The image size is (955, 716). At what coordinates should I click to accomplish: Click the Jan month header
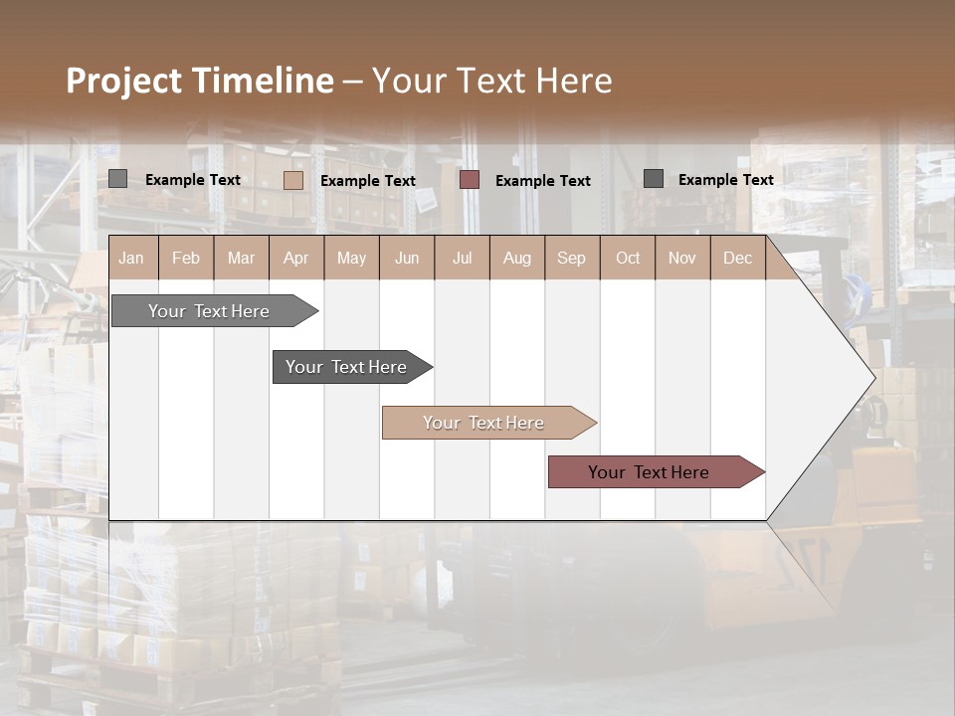(x=131, y=258)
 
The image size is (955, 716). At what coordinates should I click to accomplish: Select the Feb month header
(x=186, y=258)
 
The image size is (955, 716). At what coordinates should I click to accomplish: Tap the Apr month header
(x=295, y=258)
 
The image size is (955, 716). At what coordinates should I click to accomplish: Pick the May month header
(x=351, y=258)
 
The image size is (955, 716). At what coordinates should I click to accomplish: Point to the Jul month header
(x=462, y=258)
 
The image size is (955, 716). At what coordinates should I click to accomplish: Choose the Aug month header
(x=516, y=258)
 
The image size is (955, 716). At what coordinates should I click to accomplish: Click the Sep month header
(x=571, y=258)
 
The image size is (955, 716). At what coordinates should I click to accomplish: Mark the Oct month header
(x=628, y=258)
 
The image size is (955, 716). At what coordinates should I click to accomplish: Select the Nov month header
(x=681, y=258)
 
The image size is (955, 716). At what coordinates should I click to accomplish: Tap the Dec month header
(x=737, y=258)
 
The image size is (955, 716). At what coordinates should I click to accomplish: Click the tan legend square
(x=293, y=180)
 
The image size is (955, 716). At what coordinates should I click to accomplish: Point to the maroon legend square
(x=470, y=180)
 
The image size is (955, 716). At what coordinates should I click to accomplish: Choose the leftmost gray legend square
(x=118, y=179)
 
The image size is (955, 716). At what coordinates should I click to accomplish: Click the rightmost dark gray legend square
(x=654, y=179)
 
